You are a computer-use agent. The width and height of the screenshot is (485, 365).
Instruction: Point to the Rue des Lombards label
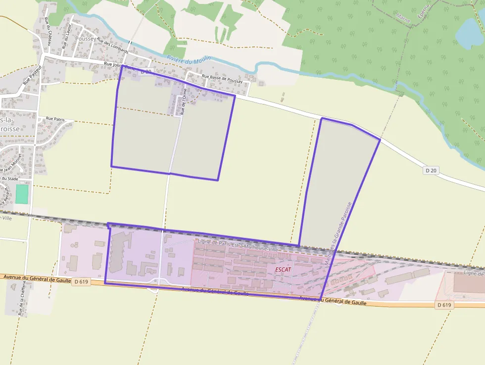(113, 46)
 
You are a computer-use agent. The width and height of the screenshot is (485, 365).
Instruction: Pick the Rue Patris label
(55, 119)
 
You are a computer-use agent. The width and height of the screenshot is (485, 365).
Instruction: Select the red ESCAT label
(283, 269)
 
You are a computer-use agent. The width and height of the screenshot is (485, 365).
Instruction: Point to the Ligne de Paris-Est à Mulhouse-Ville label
(238, 246)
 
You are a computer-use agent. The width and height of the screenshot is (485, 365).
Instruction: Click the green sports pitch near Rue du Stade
(21, 194)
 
